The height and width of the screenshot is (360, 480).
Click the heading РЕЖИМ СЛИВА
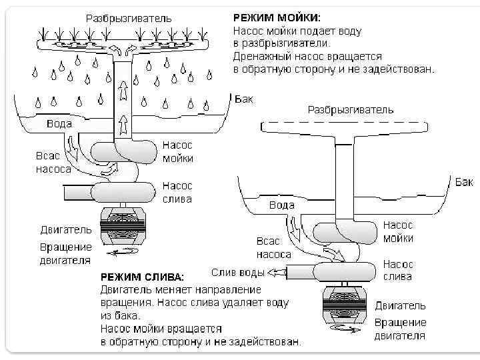pyautogui.click(x=143, y=277)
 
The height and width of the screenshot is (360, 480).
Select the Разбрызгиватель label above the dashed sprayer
pyautogui.click(x=350, y=109)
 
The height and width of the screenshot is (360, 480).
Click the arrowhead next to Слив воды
pyautogui.click(x=273, y=272)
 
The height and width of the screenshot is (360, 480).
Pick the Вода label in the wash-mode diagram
pyautogui.click(x=59, y=125)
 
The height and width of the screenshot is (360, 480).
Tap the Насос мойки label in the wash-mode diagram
pyautogui.click(x=178, y=152)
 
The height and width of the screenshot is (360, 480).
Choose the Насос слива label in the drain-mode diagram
pyautogui.click(x=398, y=271)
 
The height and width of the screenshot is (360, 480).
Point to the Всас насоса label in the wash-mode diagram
pyautogui.click(x=53, y=162)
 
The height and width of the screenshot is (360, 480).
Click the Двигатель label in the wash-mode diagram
pyautogui.click(x=65, y=229)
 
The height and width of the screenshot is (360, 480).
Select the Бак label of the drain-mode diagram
pyautogui.click(x=465, y=181)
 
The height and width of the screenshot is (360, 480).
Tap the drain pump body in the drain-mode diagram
pyautogui.click(x=345, y=272)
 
